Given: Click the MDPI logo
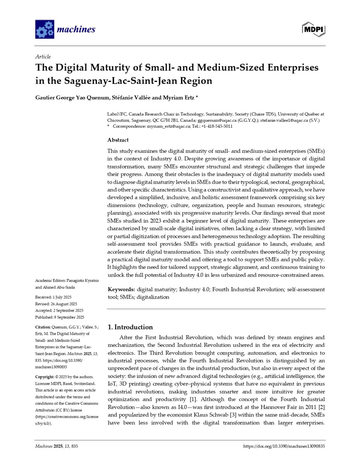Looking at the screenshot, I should pos(313,29).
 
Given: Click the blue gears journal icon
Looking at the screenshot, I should pos(45,29).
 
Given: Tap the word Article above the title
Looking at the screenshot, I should pos(43,57).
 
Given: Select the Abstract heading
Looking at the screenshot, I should pos(118,140).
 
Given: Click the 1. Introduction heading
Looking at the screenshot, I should pos(130,327).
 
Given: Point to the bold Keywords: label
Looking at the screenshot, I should pos(121,290).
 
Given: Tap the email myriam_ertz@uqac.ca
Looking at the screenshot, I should pos(169,126).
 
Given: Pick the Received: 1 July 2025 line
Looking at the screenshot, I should pos(53,297).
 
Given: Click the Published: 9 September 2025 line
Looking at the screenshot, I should pos(60,317).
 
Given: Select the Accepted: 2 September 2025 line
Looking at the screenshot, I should pos(59,311).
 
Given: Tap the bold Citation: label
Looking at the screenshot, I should pos(43,327).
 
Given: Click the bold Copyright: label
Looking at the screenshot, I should pos(45,377).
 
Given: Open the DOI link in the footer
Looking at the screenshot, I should pos(284,446).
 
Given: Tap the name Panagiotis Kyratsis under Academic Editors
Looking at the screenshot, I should pos(83,281).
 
